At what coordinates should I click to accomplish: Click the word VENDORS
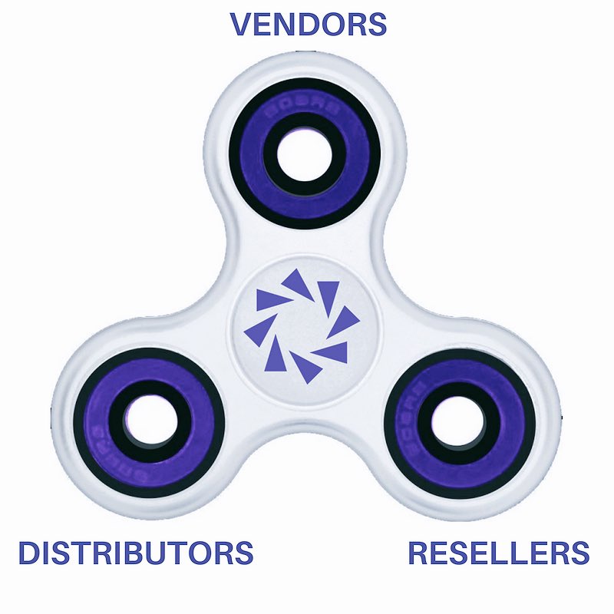pyautogui.click(x=309, y=24)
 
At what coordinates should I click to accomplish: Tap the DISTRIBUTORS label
pyautogui.click(x=136, y=553)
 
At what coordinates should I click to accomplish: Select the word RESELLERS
pyautogui.click(x=498, y=553)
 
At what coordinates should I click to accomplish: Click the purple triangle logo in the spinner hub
pyautogui.click(x=302, y=326)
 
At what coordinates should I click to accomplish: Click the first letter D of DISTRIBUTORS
pyautogui.click(x=29, y=553)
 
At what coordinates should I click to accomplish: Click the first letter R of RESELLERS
pyautogui.click(x=418, y=553)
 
